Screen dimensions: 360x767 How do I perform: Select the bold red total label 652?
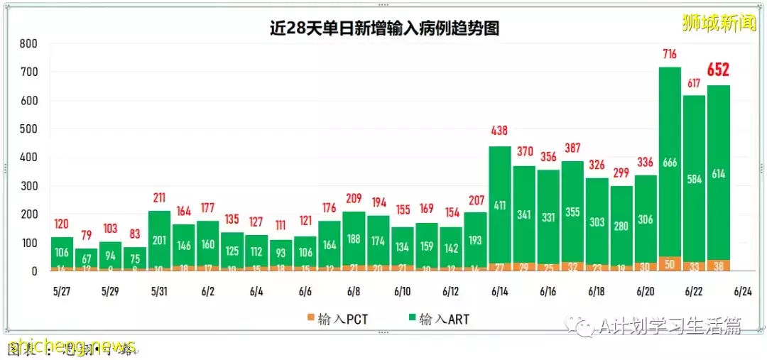pos(718,70)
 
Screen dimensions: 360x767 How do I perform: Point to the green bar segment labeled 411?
pos(500,206)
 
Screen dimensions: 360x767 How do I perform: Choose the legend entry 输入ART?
pos(439,320)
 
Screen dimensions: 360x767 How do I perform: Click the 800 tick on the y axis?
pos(28,44)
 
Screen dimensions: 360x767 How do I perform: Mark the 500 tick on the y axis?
pos(28,129)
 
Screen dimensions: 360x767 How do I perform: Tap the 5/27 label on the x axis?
pos(62,292)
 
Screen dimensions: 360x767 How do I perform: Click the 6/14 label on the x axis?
pos(500,292)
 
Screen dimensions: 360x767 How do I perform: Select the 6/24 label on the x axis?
pos(743,292)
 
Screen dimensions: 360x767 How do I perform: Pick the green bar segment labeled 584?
pos(694,180)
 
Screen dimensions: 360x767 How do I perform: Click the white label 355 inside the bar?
pos(572,213)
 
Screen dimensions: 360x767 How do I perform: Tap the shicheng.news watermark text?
pos(71,347)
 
